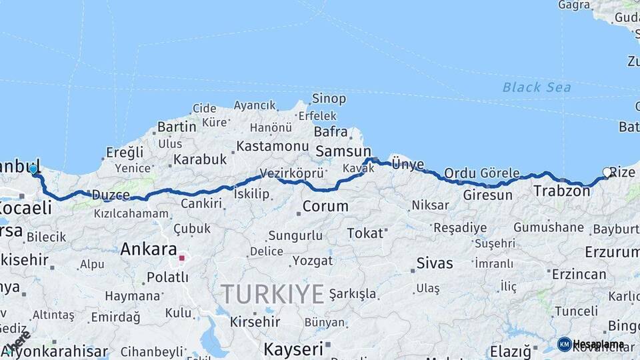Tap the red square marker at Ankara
[181, 257]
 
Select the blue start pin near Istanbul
[33, 169]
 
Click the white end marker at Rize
[607, 172]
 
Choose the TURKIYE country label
[273, 293]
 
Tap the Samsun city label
[343, 151]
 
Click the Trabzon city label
[561, 191]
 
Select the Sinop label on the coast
[329, 99]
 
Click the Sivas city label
[435, 263]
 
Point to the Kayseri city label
[293, 348]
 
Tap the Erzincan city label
[578, 273]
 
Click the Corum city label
[325, 207]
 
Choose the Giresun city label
[487, 195]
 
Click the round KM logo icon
[564, 344]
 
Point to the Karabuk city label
[200, 160]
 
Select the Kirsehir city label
[255, 321]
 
